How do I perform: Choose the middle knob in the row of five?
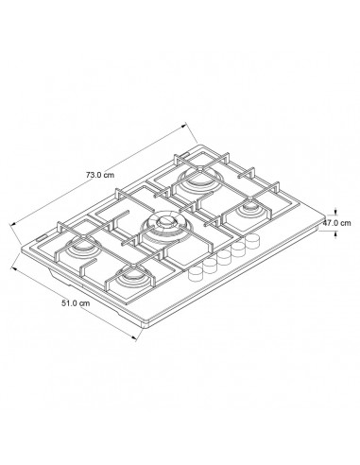222,258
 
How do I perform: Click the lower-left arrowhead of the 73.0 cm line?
11,223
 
